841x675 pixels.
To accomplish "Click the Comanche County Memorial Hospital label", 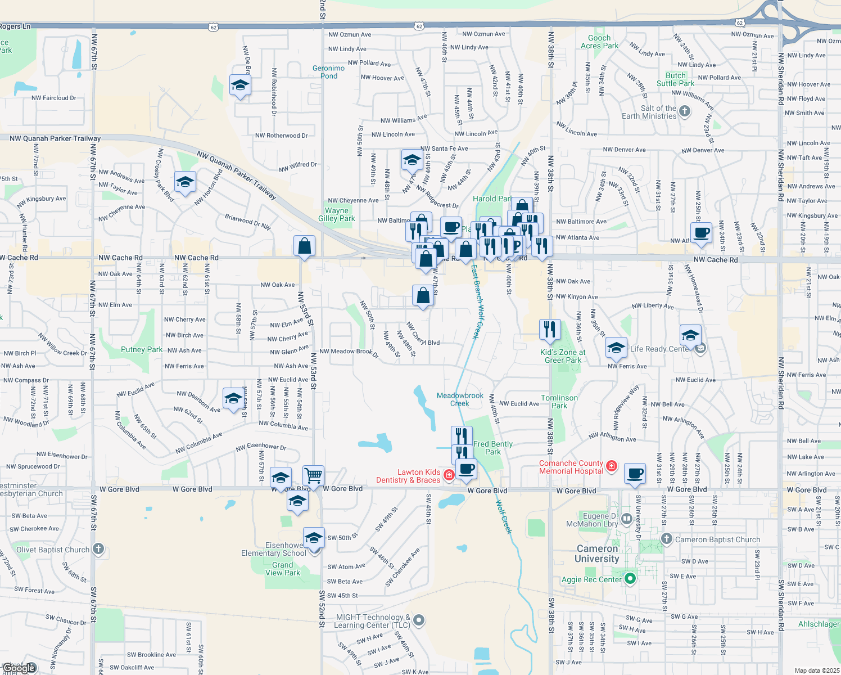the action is tap(571, 467).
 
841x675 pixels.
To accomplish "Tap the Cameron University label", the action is tap(597, 553).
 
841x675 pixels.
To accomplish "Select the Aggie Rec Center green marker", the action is tap(630, 578).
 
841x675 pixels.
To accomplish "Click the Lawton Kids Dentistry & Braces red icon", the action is tap(449, 475).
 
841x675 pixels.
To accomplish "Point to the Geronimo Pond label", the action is tap(328, 72).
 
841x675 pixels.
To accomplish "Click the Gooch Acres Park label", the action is tap(599, 42).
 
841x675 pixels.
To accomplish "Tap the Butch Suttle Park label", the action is tap(675, 79).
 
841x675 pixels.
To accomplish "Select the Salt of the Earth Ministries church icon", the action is tap(685, 111).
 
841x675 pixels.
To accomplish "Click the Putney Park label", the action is tap(142, 349).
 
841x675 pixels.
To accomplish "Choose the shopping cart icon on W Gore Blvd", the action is tap(314, 475).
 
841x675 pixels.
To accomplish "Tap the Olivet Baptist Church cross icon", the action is tap(98, 548).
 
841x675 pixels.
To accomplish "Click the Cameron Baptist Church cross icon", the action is tap(667, 539).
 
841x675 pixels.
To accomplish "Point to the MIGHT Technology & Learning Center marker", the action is tap(419, 620).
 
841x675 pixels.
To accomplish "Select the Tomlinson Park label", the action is tap(559, 402).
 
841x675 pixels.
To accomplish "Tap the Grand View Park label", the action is tap(283, 569).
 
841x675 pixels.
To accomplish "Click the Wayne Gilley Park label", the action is tap(337, 214).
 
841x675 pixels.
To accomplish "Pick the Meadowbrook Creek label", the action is tap(460, 399).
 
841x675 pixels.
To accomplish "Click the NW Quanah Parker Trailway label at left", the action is tap(55, 138).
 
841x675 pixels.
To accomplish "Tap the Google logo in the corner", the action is tap(20, 668).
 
